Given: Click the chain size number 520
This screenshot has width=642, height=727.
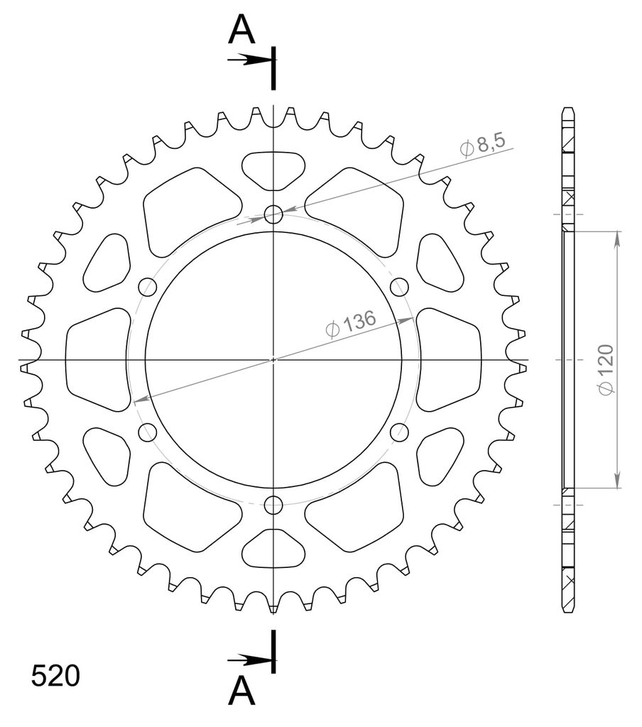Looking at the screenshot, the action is point(55,676).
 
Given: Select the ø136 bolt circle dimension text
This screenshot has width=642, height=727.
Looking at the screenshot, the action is point(351,324).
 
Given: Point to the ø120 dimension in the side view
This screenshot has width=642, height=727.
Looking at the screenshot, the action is point(606,369).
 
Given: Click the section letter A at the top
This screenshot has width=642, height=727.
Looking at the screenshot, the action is point(241,29).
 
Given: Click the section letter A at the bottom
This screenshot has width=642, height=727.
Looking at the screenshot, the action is point(241,690).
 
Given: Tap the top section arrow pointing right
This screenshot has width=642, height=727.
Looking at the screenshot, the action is point(249,60).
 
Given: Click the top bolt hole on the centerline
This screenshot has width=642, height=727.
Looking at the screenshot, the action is point(273,214).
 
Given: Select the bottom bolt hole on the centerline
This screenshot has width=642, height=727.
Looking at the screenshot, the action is point(273,505).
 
